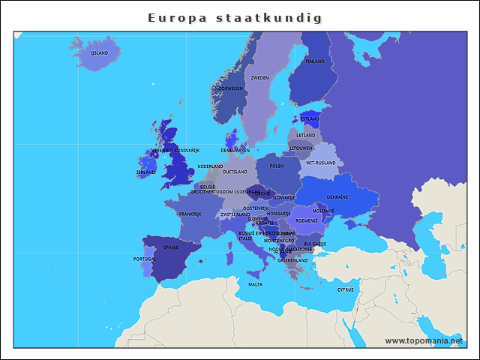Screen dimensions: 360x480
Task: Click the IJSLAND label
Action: coord(99,53)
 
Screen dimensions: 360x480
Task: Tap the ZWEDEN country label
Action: coord(260,78)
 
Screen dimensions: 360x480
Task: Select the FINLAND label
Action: coord(315,61)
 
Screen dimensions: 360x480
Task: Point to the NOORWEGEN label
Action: coord(229,88)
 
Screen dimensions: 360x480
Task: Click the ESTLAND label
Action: coord(310,118)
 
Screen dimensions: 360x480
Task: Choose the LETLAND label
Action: coord(306,135)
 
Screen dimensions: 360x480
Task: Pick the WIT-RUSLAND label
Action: coord(322,163)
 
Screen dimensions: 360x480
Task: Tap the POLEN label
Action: coord(277,166)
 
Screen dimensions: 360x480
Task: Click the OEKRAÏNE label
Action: coord(337,197)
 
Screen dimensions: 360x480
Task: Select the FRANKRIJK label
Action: coord(190,214)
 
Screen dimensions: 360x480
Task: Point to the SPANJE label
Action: coord(171,247)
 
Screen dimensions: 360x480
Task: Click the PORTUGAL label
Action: coord(144,259)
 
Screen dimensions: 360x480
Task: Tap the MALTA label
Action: coord(256,284)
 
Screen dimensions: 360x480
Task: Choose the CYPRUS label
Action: coord(345,289)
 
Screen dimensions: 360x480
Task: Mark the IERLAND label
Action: coord(145,172)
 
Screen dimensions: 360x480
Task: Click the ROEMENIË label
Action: coord(307,220)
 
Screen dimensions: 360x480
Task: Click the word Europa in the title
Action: coord(177,17)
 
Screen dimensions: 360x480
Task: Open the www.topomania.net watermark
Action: coord(424,341)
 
